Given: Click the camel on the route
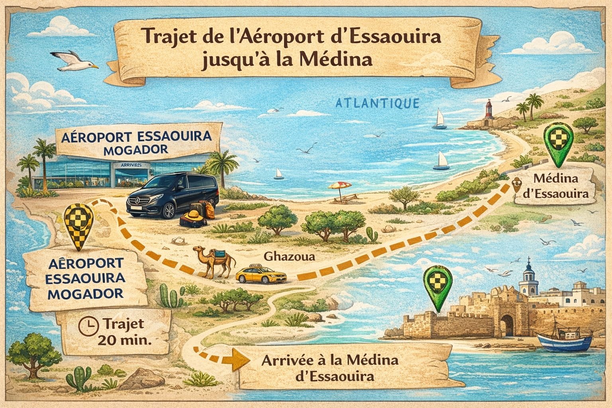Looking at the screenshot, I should click(215, 261).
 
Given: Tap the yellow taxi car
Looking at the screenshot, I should click(261, 274).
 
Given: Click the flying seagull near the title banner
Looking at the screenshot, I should click(76, 61).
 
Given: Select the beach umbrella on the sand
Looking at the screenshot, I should click(339, 186).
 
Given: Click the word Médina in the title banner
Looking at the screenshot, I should click(345, 60).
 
